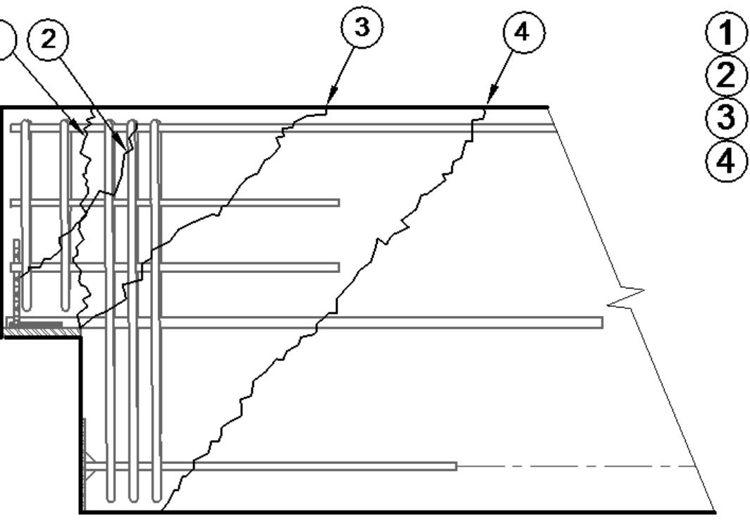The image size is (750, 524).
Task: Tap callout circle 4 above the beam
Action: [x=524, y=35]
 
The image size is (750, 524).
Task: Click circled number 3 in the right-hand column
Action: [x=726, y=117]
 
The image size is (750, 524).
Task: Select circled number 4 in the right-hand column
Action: [x=726, y=159]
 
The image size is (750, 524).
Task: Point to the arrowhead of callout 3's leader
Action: [x=328, y=105]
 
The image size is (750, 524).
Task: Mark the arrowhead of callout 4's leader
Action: [x=488, y=105]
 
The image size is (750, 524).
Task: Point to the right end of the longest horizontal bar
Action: [x=601, y=322]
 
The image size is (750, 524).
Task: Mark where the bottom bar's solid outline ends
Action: [x=456, y=466]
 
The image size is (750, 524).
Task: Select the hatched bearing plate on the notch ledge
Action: [x=35, y=325]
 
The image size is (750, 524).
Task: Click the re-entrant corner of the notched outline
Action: [x=80, y=337]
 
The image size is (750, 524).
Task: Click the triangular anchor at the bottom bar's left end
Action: [x=90, y=466]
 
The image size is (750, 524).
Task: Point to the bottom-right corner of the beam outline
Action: [x=715, y=512]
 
